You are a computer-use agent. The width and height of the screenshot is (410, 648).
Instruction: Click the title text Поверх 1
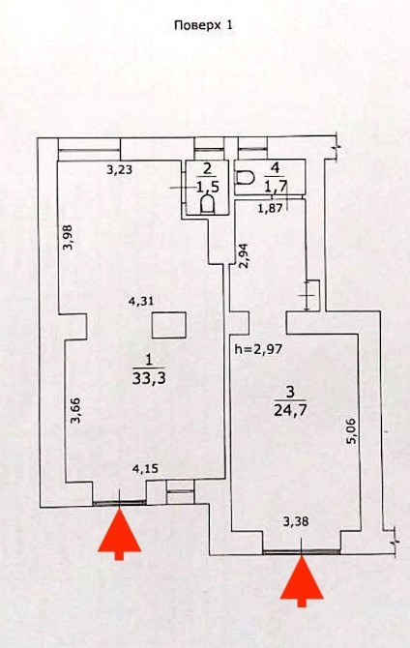(x=204, y=25)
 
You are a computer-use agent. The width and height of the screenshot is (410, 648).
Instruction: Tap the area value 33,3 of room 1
(x=149, y=378)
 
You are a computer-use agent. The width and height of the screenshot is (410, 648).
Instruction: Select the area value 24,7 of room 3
(x=290, y=410)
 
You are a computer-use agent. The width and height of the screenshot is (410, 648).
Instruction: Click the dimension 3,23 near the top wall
(x=120, y=169)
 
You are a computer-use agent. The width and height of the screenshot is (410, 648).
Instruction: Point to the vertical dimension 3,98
(x=69, y=237)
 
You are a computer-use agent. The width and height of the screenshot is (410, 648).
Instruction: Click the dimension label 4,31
(x=141, y=301)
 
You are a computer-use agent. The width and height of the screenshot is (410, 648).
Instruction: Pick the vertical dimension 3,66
(x=75, y=410)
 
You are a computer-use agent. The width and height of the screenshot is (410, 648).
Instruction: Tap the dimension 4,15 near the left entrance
(x=145, y=469)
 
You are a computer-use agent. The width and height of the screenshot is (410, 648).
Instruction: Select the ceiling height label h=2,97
(x=258, y=349)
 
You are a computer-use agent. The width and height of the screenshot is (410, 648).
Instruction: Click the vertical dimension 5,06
(x=351, y=431)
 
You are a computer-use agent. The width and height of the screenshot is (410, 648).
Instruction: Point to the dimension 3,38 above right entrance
(x=296, y=522)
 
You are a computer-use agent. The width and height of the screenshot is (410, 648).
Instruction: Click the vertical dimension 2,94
(x=245, y=256)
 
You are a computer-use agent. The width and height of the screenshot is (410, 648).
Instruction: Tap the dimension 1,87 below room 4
(x=271, y=208)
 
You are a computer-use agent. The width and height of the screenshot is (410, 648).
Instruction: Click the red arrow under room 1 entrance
(x=120, y=534)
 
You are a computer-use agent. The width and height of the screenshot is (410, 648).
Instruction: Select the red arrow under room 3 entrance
(x=302, y=581)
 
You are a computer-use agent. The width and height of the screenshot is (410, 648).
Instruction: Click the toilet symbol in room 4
(x=245, y=178)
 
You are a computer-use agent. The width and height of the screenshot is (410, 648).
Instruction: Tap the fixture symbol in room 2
(x=207, y=204)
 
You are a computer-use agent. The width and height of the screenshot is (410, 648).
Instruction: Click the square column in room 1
(x=168, y=326)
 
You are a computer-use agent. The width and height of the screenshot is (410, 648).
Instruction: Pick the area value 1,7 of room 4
(x=277, y=186)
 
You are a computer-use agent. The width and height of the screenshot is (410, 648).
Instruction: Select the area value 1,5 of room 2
(x=208, y=187)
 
